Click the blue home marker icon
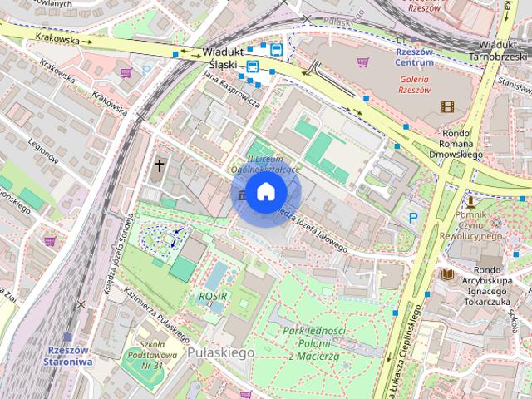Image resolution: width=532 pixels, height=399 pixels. point(265,192)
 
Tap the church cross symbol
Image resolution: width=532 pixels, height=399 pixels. point(159,166)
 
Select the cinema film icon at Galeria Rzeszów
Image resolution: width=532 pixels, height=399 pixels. point(449,106)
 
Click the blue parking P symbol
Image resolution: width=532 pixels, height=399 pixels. point(413,218)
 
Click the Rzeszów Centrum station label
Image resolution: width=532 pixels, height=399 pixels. point(413,56)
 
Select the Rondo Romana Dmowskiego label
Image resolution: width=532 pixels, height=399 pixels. point(456,142)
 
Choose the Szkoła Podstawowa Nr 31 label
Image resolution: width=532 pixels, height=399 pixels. point(151,354)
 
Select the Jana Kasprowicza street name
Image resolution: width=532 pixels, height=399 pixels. point(231,90)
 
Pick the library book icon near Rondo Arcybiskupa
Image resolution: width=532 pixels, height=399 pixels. point(448,273)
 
